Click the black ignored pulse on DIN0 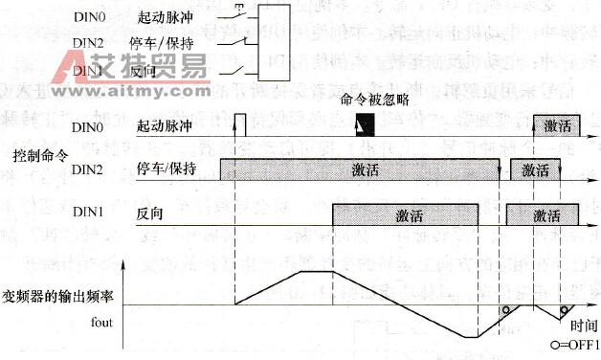point(362,124)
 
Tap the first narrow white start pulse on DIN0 point(240,124)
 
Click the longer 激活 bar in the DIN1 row point(405,214)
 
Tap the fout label point(103,322)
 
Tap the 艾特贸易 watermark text point(153,65)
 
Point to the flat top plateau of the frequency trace point(315,272)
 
